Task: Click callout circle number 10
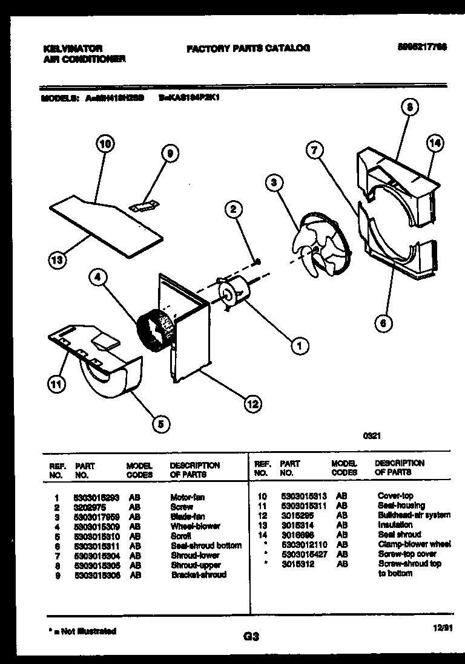[x=105, y=145]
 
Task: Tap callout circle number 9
[x=170, y=155]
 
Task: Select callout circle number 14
[x=434, y=143]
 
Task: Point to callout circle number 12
[x=252, y=404]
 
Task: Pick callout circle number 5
[x=160, y=424]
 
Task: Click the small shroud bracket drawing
[x=143, y=207]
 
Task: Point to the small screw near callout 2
[x=258, y=261]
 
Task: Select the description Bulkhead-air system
[x=414, y=515]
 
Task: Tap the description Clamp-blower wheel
[x=414, y=544]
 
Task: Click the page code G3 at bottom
[x=251, y=636]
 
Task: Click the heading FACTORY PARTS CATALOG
[x=248, y=48]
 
